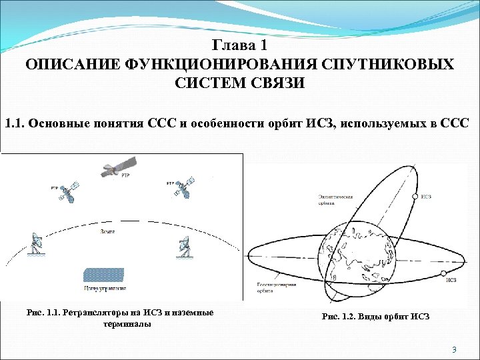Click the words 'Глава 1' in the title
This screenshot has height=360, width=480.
click(x=239, y=46)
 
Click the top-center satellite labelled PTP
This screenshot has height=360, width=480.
click(x=119, y=165)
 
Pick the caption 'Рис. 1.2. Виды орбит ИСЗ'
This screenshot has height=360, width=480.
click(x=375, y=317)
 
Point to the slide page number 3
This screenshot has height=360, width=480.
click(x=453, y=350)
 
